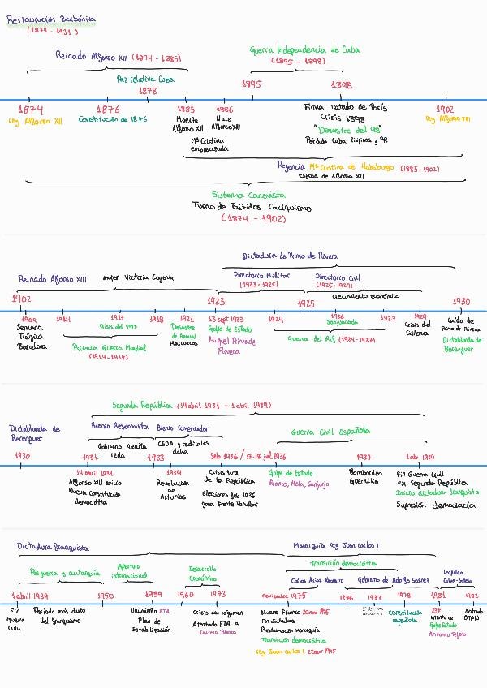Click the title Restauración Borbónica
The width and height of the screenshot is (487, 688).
pyautogui.click(x=50, y=18)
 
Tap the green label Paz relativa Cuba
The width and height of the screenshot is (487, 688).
pyautogui.click(x=146, y=80)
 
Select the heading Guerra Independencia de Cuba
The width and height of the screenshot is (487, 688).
pyautogui.click(x=304, y=49)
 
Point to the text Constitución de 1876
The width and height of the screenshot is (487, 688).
pyautogui.click(x=113, y=119)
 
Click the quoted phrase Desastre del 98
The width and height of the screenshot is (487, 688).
pyautogui.click(x=347, y=129)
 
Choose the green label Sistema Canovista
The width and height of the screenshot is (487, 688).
pyautogui.click(x=248, y=195)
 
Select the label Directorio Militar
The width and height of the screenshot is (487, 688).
pyautogui.click(x=259, y=275)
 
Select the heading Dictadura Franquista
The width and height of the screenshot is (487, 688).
pyautogui.click(x=54, y=547)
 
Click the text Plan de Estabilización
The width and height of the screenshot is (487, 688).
pyautogui.click(x=150, y=625)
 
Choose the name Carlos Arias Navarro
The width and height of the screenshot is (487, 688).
pyautogui.click(x=316, y=580)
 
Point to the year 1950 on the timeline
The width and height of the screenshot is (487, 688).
pyautogui.click(x=106, y=595)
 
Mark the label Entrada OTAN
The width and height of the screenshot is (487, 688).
pyautogui.click(x=472, y=615)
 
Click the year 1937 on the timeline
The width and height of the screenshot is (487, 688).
pyautogui.click(x=364, y=457)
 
